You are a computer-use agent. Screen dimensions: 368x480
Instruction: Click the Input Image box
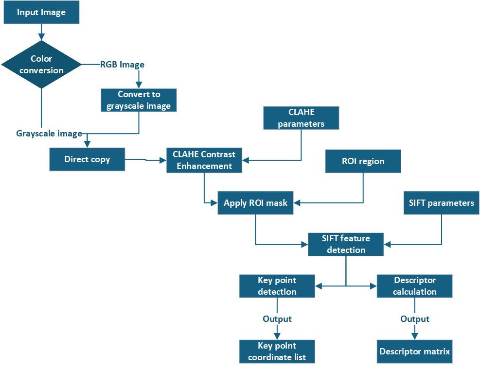pyautogui.click(x=41, y=13)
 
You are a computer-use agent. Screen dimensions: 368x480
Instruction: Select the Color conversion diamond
pyautogui.click(x=41, y=65)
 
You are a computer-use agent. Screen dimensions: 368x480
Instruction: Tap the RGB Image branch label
pyautogui.click(x=122, y=65)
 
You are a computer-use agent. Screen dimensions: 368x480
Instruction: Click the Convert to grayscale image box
pyautogui.click(x=139, y=100)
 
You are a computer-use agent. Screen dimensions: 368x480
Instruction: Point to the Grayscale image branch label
pyautogui.click(x=49, y=134)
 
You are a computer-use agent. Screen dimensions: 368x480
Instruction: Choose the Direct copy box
pyautogui.click(x=87, y=159)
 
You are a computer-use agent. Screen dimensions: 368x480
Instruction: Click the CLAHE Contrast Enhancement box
pyautogui.click(x=204, y=160)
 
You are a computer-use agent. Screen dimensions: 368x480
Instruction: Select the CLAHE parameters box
pyautogui.click(x=301, y=118)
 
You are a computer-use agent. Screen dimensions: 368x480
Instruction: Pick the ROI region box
pyautogui.click(x=363, y=161)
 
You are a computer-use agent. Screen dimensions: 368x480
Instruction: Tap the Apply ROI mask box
pyautogui.click(x=255, y=203)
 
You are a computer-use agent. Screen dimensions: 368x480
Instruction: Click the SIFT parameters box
pyautogui.click(x=441, y=203)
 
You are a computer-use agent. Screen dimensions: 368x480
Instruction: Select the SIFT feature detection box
pyautogui.click(x=346, y=244)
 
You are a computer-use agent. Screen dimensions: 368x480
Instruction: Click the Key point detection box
pyautogui.click(x=277, y=286)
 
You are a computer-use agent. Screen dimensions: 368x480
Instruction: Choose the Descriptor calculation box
pyautogui.click(x=414, y=286)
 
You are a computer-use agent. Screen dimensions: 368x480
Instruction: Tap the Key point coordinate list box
pyautogui.click(x=277, y=351)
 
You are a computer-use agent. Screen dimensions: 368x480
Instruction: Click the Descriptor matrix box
pyautogui.click(x=414, y=351)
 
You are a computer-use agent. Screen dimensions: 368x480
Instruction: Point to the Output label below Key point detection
pyautogui.click(x=277, y=319)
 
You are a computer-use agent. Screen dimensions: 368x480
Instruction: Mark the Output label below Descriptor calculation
pyautogui.click(x=415, y=319)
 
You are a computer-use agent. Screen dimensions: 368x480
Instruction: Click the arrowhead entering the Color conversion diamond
pyautogui.click(x=41, y=36)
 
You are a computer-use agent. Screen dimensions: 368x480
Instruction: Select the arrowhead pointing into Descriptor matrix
pyautogui.click(x=414, y=336)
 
